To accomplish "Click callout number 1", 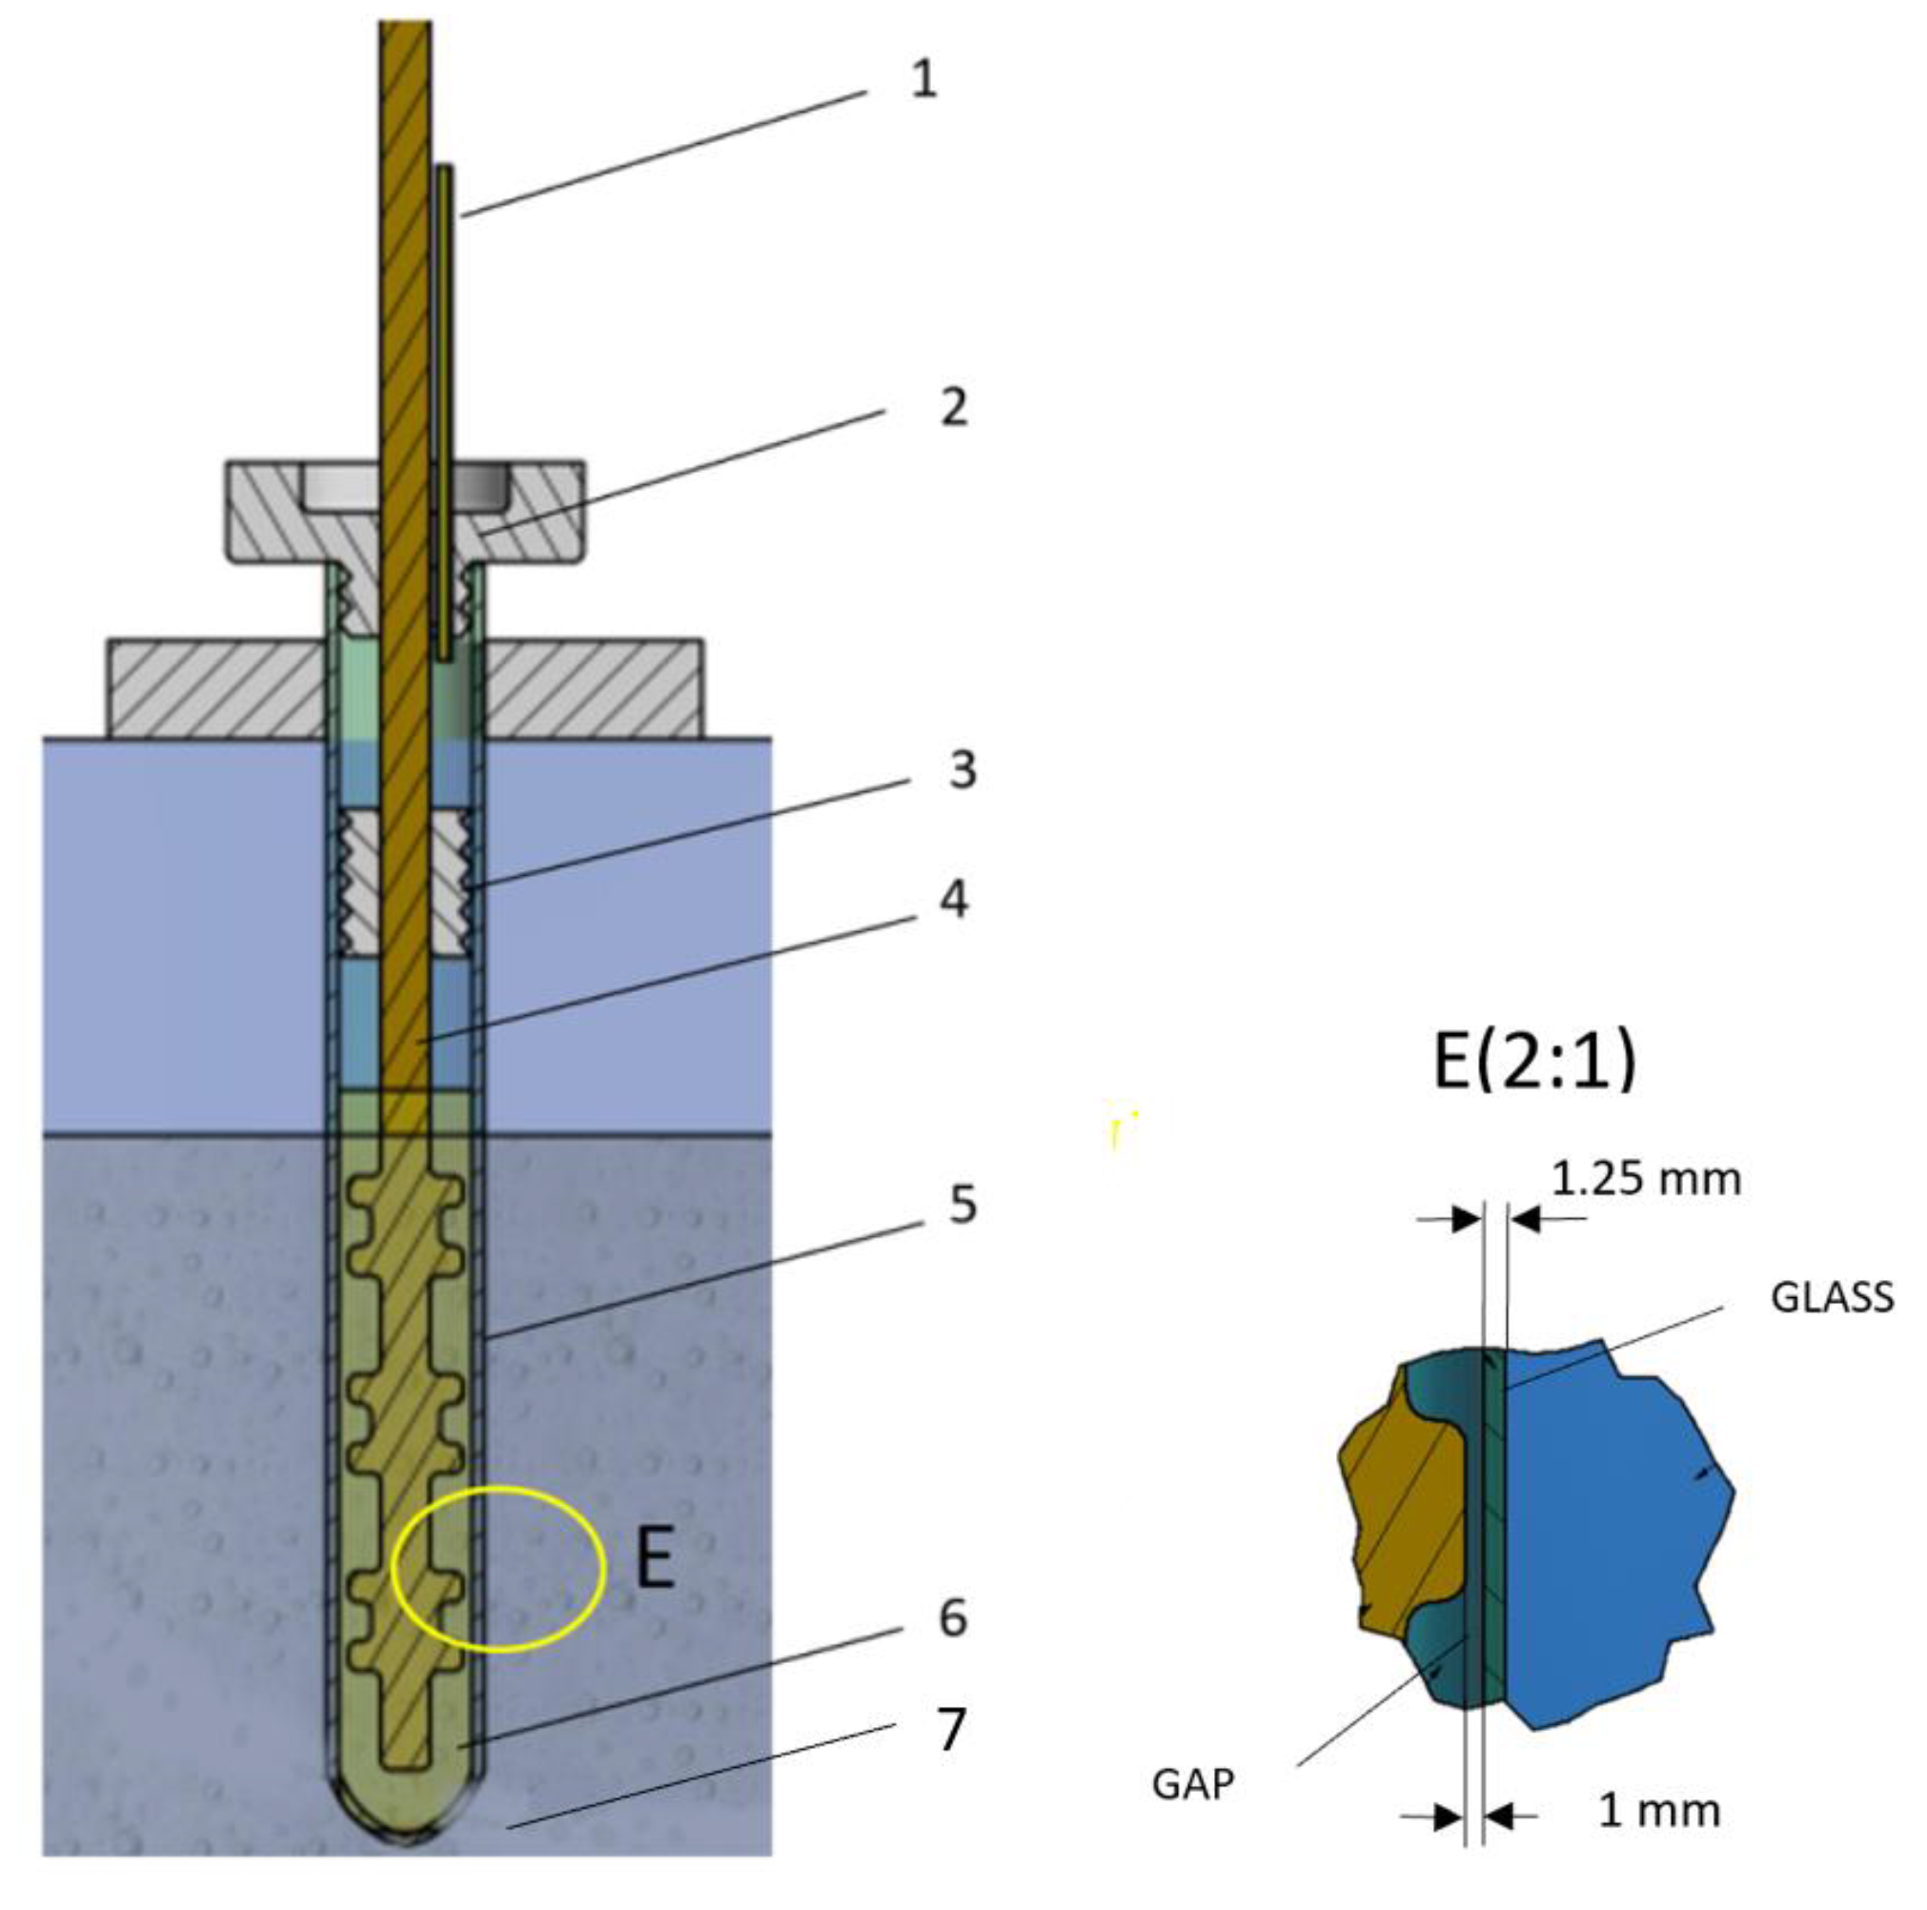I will coord(924,79).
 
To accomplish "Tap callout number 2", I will coord(954,406).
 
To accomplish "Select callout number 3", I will coord(962,770).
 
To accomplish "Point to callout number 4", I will coord(955,900).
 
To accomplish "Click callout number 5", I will coord(962,1205).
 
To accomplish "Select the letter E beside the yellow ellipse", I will coord(657,1561).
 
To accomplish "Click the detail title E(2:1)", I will coord(1534,1060).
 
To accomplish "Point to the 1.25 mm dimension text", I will coord(1646,1180).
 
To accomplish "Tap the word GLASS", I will coord(1832,1297).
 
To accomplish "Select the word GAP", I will coord(1193,1784).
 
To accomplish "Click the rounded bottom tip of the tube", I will coord(407,1831).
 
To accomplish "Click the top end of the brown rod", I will coord(405,30).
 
